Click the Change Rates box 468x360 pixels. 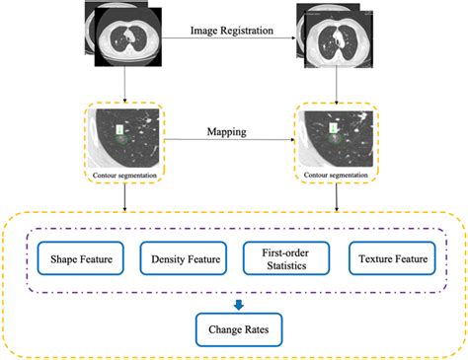(x=234, y=325)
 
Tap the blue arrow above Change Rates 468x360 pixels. (x=234, y=293)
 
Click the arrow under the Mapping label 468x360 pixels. (x=229, y=140)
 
